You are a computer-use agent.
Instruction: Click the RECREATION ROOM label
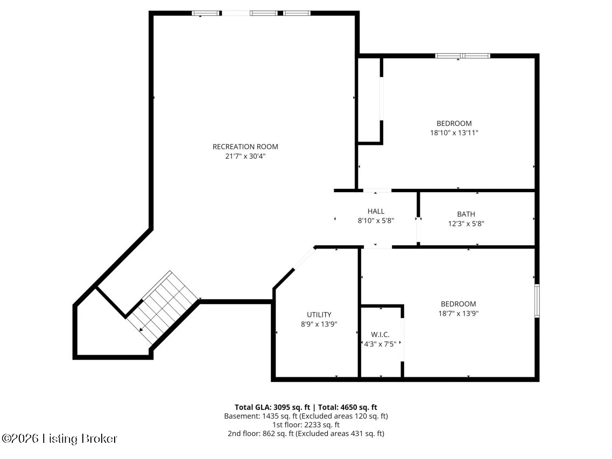tap(245, 146)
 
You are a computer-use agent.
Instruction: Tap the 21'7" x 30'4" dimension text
tap(245, 157)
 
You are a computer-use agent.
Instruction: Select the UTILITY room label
tap(319, 315)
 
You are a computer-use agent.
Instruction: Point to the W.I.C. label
tap(380, 334)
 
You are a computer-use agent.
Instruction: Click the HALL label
tap(376, 211)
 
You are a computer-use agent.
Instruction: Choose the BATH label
tap(466, 214)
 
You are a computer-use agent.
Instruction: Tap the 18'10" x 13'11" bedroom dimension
tap(454, 132)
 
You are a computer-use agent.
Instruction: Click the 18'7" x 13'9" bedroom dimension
tap(458, 313)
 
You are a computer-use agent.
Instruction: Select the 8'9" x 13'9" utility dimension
tap(319, 324)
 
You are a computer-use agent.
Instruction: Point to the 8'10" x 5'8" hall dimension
tap(376, 220)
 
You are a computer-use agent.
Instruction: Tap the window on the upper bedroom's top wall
tap(462, 55)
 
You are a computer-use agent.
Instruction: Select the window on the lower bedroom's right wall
tap(537, 301)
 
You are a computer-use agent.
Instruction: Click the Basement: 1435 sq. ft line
tap(306, 416)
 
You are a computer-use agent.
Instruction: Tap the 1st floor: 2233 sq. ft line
tap(306, 425)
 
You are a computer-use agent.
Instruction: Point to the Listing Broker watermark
tap(60, 439)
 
